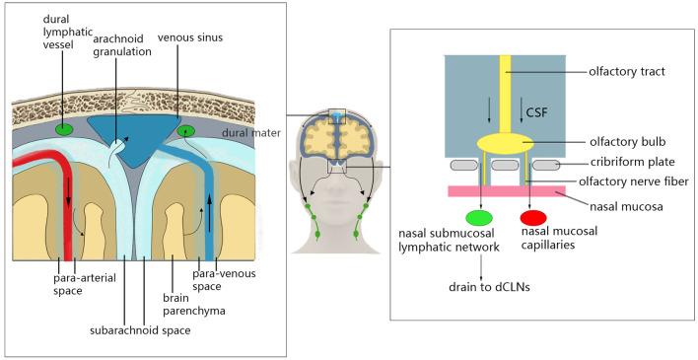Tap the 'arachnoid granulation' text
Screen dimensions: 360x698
point(122,44)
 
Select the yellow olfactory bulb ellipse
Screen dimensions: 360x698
point(506,144)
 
